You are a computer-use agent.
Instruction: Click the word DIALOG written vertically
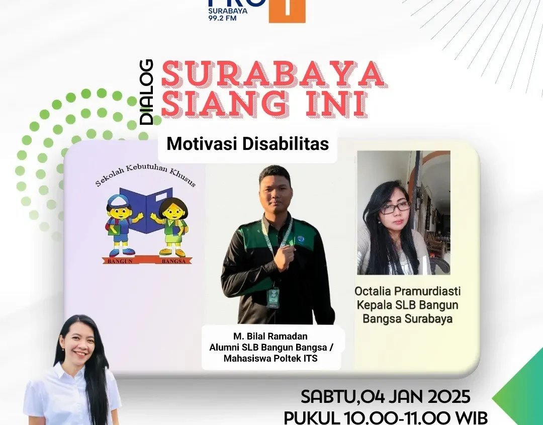pos(146,92)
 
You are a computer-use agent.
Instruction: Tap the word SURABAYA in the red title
pos(273,74)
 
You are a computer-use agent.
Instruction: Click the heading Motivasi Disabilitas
pos(247,144)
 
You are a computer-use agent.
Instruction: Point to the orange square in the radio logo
pos(287,11)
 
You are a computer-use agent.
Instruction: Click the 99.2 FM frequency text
pos(222,18)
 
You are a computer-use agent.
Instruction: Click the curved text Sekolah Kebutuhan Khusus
pos(146,175)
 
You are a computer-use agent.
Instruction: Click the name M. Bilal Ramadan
pos(270,336)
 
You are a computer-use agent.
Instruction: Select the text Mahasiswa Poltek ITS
pos(270,358)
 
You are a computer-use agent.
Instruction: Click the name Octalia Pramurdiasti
pos(408,291)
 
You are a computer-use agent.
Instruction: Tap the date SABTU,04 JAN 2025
pos(386,397)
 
